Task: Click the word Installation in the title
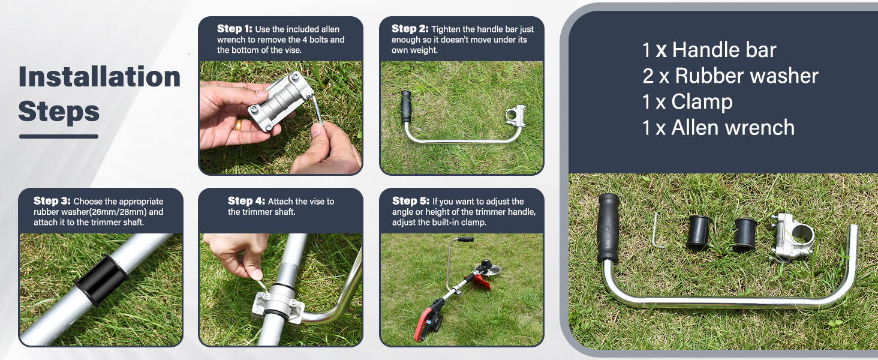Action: (100, 77)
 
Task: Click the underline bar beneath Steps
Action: (58, 136)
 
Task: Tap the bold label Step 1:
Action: (234, 29)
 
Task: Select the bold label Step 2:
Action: (410, 29)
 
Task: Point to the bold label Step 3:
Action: (52, 201)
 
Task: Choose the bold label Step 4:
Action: (246, 201)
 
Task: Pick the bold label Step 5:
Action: (411, 201)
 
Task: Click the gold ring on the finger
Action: (238, 124)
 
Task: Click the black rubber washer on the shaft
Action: (101, 279)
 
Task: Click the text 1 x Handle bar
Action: (709, 50)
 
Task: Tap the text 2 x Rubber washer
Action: (730, 76)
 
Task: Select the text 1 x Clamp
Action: (687, 102)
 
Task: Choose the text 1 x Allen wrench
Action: (718, 128)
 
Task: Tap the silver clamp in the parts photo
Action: (793, 236)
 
